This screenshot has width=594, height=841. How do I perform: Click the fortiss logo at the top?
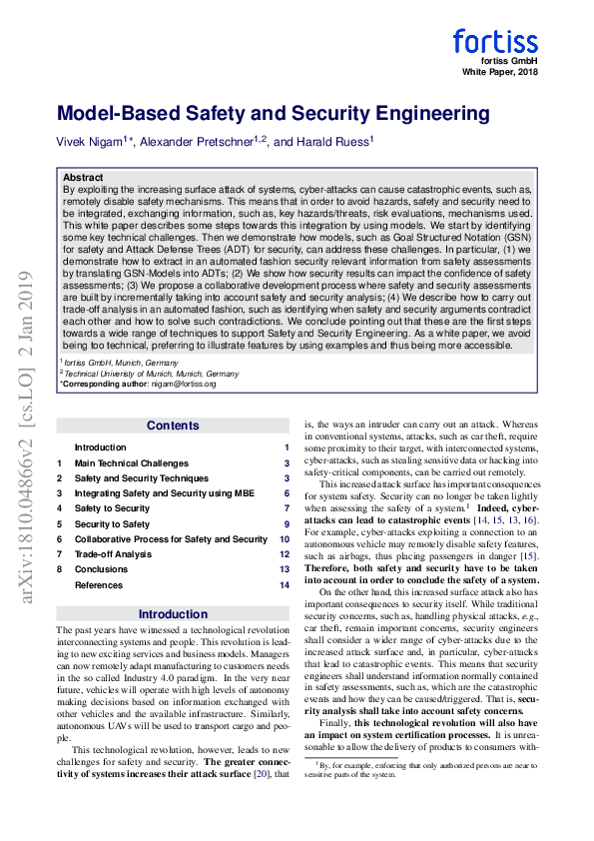click(x=495, y=41)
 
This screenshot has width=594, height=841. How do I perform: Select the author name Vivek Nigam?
click(x=91, y=144)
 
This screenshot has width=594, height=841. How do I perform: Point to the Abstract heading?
click(x=83, y=178)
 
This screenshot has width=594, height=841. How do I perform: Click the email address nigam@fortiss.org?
click(x=182, y=384)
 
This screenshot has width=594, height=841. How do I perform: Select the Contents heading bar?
click(x=173, y=425)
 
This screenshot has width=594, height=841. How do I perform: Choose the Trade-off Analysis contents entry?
click(x=113, y=554)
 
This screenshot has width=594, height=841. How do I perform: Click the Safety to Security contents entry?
click(x=112, y=508)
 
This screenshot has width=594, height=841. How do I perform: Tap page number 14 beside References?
click(x=285, y=585)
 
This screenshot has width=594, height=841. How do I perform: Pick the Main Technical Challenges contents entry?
click(x=132, y=463)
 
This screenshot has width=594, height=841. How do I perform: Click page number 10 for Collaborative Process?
click(x=285, y=539)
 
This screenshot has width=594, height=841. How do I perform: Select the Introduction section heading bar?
click(x=173, y=614)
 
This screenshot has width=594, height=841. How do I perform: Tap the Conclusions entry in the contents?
click(x=101, y=569)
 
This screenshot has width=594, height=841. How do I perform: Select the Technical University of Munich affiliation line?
click(x=150, y=373)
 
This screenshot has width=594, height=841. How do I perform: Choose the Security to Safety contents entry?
click(x=112, y=524)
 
